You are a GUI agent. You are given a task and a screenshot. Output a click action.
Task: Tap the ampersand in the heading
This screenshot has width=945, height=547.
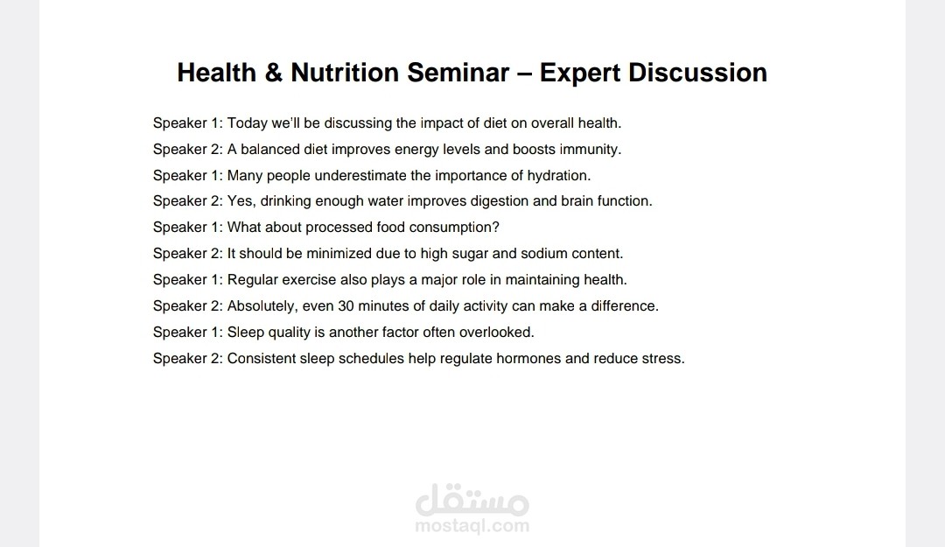point(273,73)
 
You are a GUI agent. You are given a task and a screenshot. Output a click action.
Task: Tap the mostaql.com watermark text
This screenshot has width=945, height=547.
point(472,526)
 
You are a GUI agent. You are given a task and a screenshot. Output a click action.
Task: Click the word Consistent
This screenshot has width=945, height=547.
point(262,359)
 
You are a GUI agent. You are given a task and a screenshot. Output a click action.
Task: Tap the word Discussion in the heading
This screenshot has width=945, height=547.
point(698,73)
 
